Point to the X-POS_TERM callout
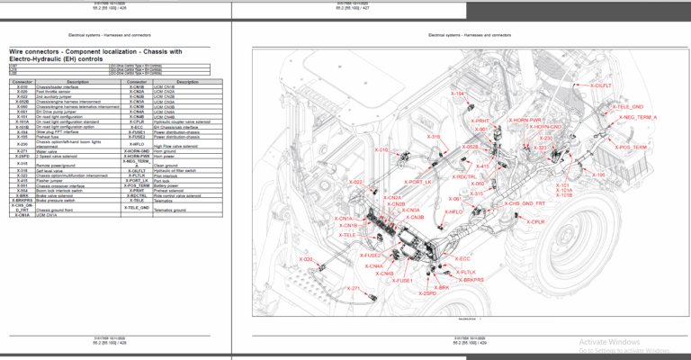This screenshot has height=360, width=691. (x=629, y=147)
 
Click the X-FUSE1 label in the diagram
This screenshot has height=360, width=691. (x=399, y=282)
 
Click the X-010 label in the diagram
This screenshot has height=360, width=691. (x=380, y=149)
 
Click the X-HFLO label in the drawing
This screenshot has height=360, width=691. (x=453, y=211)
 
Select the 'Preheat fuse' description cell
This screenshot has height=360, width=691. (x=76, y=138)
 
